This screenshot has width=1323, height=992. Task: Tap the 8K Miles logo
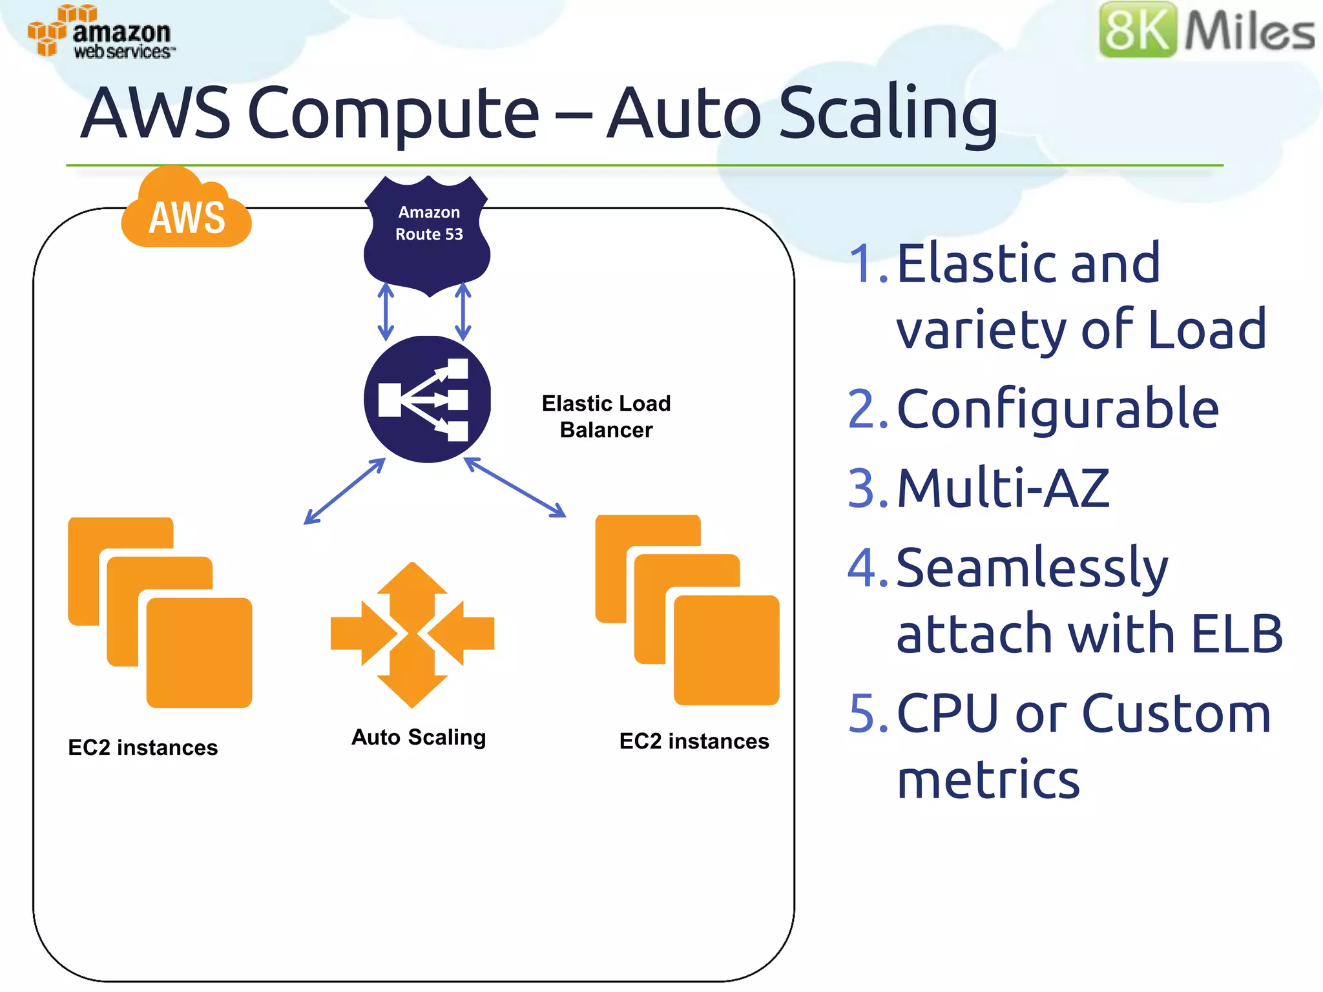[x=1206, y=30]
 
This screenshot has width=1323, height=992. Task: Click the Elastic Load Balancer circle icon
[x=427, y=399]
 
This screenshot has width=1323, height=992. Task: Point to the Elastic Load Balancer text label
[x=606, y=417]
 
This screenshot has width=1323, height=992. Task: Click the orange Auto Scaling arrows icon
[x=412, y=634]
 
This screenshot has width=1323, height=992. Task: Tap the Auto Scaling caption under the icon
[x=419, y=738]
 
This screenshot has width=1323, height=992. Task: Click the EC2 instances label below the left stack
[x=143, y=748]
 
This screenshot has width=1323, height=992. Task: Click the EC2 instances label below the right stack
[x=694, y=741]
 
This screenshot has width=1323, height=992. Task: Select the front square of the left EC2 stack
[x=200, y=652]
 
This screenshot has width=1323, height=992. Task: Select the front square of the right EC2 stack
[x=727, y=650]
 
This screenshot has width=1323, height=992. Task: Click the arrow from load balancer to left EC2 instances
[x=344, y=491]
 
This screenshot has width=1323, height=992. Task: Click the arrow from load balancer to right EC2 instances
[x=515, y=487]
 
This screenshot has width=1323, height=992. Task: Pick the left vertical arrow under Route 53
[x=386, y=312]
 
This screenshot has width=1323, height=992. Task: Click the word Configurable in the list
[x=1057, y=409]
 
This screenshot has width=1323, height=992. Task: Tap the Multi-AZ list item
[x=1003, y=488]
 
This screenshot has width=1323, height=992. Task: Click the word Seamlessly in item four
[x=1032, y=568]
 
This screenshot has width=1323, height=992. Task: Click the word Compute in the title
[x=393, y=114]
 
